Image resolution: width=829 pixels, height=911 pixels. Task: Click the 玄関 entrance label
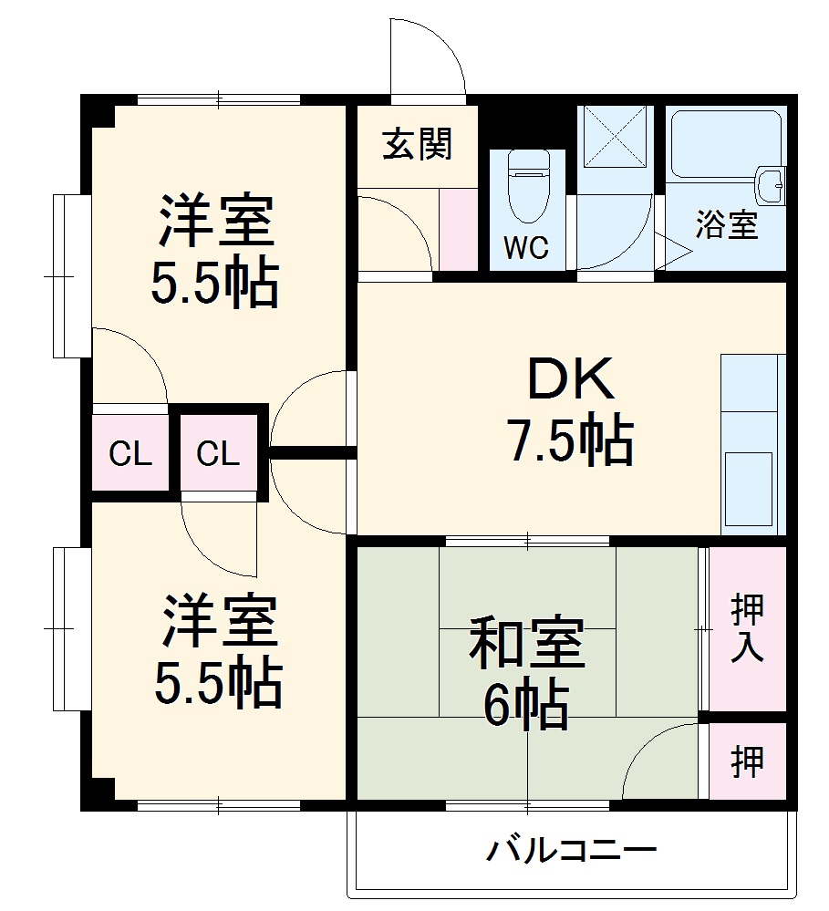(x=417, y=143)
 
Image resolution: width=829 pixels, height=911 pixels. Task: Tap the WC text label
(x=526, y=248)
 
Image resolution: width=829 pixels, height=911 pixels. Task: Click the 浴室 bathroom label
(x=727, y=224)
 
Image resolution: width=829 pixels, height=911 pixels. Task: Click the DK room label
(x=571, y=383)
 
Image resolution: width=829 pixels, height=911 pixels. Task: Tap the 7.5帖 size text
(x=571, y=442)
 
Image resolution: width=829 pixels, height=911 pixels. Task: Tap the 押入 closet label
(x=748, y=629)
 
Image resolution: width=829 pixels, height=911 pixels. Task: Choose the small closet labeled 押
(x=748, y=762)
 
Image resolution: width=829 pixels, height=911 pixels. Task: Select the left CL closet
(x=130, y=453)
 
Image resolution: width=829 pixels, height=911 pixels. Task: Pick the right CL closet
(x=219, y=453)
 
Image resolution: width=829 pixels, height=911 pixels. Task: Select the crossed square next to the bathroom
(x=616, y=137)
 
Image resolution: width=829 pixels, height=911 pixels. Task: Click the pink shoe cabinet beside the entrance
(x=458, y=229)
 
